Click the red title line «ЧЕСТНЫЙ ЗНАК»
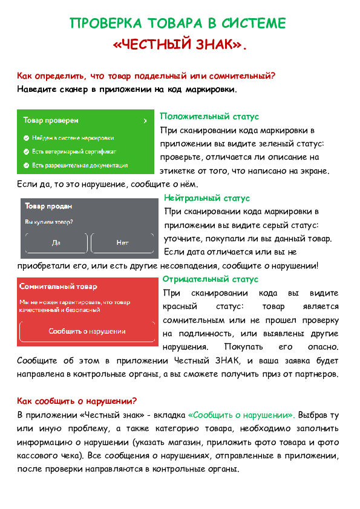click(x=180, y=44)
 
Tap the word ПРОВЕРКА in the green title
click(x=106, y=24)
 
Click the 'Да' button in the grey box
click(x=56, y=243)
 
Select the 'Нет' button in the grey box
click(x=122, y=243)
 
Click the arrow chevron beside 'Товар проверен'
click(x=145, y=121)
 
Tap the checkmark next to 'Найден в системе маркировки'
click(x=26, y=138)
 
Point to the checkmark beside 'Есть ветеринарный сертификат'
click(x=26, y=152)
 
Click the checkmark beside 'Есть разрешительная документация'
click(x=26, y=166)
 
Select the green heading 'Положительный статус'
click(x=209, y=117)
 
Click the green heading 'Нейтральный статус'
click(x=207, y=198)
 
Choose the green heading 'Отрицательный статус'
click(x=210, y=279)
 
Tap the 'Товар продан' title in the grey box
click(x=48, y=206)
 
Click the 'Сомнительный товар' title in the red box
click(x=58, y=287)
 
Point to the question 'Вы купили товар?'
click(x=49, y=222)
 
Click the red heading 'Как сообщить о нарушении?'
click(x=77, y=401)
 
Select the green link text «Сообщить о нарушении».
click(x=241, y=415)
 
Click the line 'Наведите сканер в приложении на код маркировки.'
click(x=127, y=89)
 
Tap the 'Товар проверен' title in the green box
click(x=51, y=120)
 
